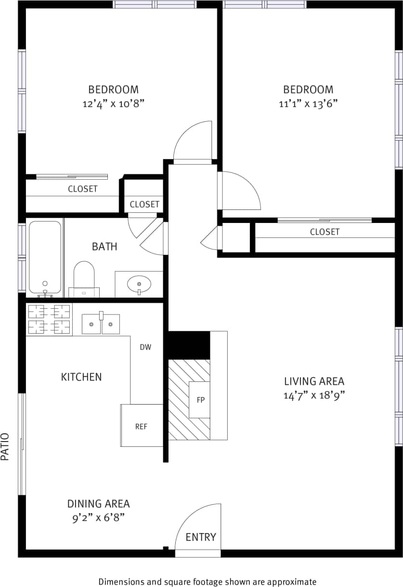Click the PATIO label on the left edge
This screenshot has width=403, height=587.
click(x=6, y=447)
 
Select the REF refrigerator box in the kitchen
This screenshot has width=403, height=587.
click(x=141, y=426)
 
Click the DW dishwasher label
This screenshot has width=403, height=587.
click(x=145, y=347)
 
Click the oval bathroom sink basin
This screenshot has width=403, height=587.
click(x=139, y=284)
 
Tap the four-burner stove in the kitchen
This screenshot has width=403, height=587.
click(x=49, y=319)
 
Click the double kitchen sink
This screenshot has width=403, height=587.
click(x=101, y=324)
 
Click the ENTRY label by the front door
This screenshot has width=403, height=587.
click(x=201, y=537)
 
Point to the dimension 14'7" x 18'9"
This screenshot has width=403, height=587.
click(x=314, y=396)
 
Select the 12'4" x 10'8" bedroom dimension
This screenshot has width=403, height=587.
click(x=114, y=104)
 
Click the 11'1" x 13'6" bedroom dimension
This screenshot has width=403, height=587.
click(x=308, y=104)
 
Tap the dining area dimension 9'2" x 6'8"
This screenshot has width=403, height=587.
click(x=98, y=518)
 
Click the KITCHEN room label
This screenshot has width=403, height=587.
click(x=81, y=377)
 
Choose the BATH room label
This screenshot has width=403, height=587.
click(x=104, y=247)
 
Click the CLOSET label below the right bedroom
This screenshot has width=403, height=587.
click(x=325, y=232)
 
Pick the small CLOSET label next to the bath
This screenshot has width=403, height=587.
click(x=144, y=204)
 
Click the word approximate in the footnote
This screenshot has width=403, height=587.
click(x=292, y=581)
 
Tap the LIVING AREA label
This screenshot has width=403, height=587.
click(x=314, y=381)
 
